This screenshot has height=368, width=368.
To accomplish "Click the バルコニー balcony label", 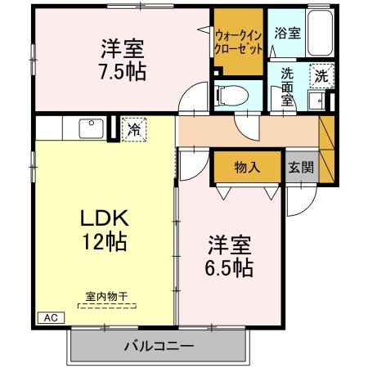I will (x=159, y=346).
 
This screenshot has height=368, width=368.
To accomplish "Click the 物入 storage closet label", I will (x=247, y=167).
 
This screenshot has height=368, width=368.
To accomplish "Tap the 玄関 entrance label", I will (x=299, y=167).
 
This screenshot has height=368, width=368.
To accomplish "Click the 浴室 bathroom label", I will (x=287, y=35).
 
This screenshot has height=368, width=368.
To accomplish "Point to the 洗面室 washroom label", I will (x=287, y=84).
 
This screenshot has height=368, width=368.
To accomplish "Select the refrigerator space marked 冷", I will (x=132, y=128).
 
